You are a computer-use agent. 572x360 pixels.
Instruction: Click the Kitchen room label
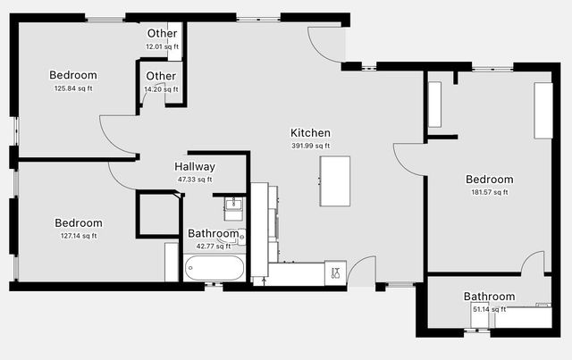point(310,133)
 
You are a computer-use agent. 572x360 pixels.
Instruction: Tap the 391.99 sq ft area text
point(310,146)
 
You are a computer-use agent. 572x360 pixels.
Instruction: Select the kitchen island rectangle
point(335,181)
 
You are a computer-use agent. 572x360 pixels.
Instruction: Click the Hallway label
point(194,167)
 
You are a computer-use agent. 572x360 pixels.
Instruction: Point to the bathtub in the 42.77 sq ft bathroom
point(214,268)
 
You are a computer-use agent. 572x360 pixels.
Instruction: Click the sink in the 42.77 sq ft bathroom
point(232,211)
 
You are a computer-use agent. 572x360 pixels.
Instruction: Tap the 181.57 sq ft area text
point(489,191)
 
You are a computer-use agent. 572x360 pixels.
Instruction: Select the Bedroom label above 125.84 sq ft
point(72,76)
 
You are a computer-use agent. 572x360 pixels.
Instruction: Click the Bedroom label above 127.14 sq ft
point(78,223)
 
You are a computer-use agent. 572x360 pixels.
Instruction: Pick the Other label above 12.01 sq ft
point(162,34)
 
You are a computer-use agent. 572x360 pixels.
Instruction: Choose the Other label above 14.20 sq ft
point(161,77)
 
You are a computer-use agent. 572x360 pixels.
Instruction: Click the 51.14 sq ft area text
point(489,309)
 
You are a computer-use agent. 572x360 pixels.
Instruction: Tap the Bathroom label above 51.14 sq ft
point(489,297)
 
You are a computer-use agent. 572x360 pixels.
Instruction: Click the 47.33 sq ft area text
point(194,180)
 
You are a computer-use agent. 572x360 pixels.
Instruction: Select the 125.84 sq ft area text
point(72,88)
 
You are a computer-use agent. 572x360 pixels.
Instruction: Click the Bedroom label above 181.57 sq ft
point(489,179)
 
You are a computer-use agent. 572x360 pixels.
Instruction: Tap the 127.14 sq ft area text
point(78,236)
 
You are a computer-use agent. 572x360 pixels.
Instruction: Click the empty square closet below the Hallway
point(157,214)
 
